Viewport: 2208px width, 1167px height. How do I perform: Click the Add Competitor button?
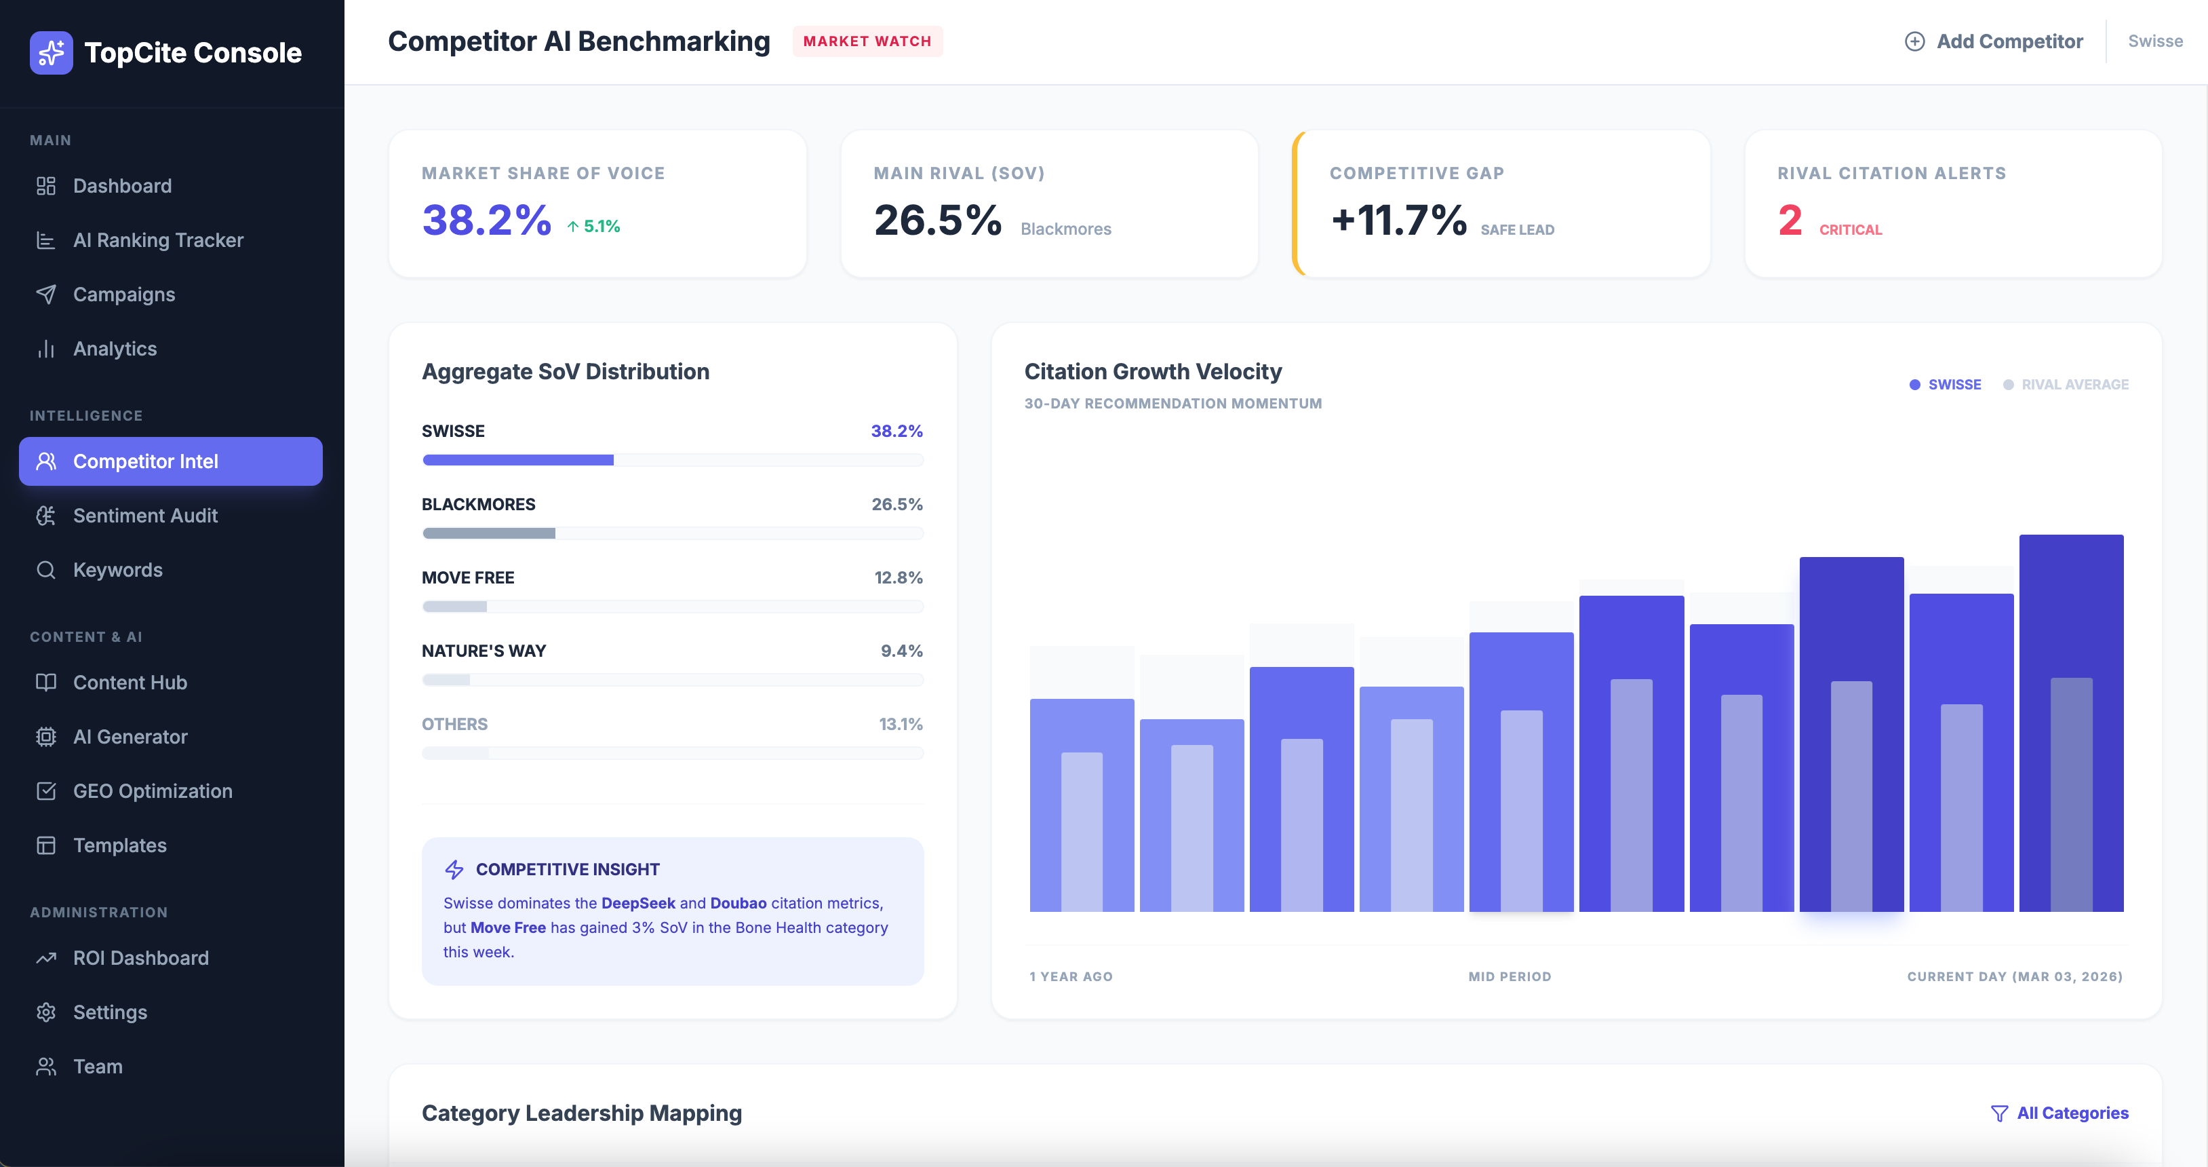pyautogui.click(x=1994, y=41)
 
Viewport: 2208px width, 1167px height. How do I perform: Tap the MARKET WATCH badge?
pyautogui.click(x=867, y=41)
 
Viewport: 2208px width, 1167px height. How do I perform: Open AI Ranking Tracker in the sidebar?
pyautogui.click(x=158, y=240)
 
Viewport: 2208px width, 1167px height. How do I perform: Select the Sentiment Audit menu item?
pyautogui.click(x=145, y=516)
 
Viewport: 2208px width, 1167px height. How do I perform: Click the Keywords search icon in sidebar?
pyautogui.click(x=46, y=570)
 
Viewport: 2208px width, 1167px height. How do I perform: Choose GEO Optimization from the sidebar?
pyautogui.click(x=152, y=790)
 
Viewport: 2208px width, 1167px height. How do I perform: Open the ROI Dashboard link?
pyautogui.click(x=140, y=958)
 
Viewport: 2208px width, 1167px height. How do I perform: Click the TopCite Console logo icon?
pyautogui.click(x=52, y=52)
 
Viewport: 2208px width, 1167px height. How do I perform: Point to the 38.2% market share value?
pyautogui.click(x=486, y=221)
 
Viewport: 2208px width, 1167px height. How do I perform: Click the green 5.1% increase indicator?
pyautogui.click(x=593, y=227)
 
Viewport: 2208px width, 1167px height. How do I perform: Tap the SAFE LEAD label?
pyautogui.click(x=1517, y=230)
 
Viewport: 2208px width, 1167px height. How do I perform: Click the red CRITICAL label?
pyautogui.click(x=1851, y=230)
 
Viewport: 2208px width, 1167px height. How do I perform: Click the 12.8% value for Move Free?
pyautogui.click(x=897, y=578)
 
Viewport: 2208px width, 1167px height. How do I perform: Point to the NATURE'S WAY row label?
pyautogui.click(x=484, y=651)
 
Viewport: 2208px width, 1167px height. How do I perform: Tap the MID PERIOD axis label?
pyautogui.click(x=1510, y=976)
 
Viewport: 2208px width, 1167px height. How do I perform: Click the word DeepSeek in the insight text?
pyautogui.click(x=637, y=903)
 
